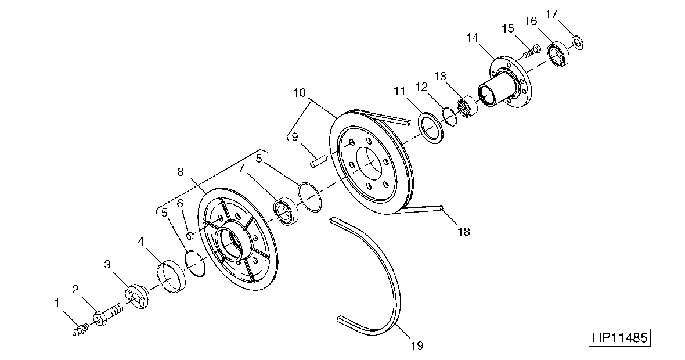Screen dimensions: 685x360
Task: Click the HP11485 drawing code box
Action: point(619,338)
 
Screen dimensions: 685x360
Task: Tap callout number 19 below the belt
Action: point(417,346)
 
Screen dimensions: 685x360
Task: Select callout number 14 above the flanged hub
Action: point(473,38)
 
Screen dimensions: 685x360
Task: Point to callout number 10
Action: point(300,93)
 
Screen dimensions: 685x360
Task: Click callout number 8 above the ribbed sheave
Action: point(181,172)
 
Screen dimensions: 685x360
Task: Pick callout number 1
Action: point(57,303)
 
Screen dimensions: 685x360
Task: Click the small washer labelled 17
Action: point(578,43)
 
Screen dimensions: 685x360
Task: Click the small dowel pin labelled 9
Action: point(319,160)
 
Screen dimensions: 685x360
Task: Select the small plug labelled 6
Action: point(190,236)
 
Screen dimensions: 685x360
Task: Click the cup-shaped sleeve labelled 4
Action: point(172,276)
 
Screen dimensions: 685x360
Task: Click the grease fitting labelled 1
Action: point(80,329)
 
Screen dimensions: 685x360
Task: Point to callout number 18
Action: point(464,232)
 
